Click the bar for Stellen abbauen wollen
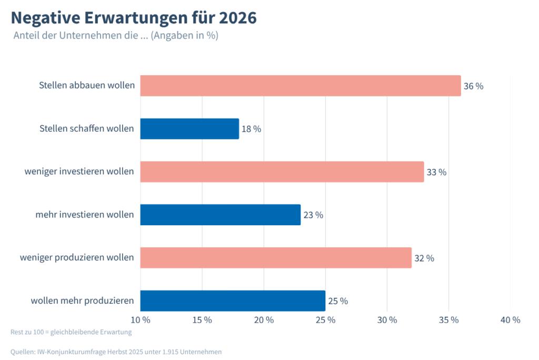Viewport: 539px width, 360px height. [x=300, y=86]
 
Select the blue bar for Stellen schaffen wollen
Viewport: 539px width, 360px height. [x=189, y=129]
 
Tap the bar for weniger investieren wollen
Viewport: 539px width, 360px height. [x=282, y=172]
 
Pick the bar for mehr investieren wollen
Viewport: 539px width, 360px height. [x=220, y=215]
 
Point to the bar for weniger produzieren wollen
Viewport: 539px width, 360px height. [x=276, y=258]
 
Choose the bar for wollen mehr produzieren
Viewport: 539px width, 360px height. [x=233, y=301]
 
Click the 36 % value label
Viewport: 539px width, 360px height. [x=473, y=86]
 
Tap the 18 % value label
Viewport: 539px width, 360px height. [x=251, y=129]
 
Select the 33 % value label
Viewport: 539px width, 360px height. [x=436, y=173]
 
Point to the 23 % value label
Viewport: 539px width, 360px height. [x=313, y=215]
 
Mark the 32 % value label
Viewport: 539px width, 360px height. [x=424, y=258]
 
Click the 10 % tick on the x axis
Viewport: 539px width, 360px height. [x=141, y=320]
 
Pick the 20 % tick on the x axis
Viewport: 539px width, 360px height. [x=264, y=320]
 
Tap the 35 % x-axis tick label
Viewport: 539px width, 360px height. [x=448, y=320]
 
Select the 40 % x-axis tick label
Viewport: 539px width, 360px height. [x=510, y=320]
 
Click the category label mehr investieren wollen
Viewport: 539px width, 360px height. [x=84, y=215]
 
